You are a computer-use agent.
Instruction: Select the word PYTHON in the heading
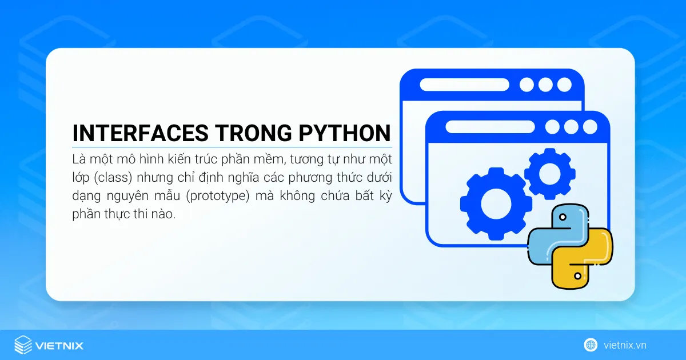pos(345,133)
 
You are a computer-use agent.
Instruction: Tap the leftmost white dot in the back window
pos(527,85)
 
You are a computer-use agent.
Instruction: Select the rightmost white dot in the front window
pos(590,127)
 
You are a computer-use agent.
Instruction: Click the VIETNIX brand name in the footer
pos(59,345)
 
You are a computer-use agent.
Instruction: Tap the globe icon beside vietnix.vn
pos(591,345)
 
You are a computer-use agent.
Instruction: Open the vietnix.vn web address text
pos(624,345)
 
